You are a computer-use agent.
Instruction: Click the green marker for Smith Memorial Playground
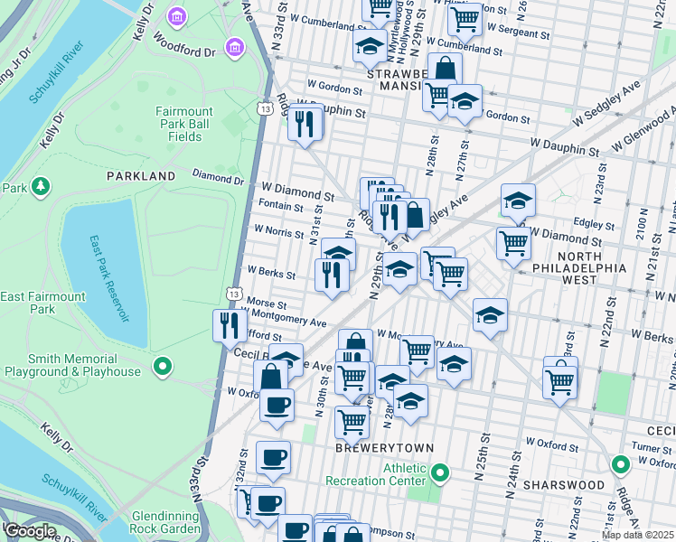[x=163, y=366]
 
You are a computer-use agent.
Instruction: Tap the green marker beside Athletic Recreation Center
[x=440, y=472]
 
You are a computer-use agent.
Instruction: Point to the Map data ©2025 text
[x=637, y=535]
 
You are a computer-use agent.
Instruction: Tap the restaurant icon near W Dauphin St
[x=305, y=122]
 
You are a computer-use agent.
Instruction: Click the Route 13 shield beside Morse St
[x=234, y=294]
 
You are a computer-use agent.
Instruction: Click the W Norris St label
[x=278, y=234]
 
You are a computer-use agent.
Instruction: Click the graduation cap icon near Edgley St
[x=518, y=201]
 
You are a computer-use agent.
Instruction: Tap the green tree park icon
[x=40, y=187]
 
